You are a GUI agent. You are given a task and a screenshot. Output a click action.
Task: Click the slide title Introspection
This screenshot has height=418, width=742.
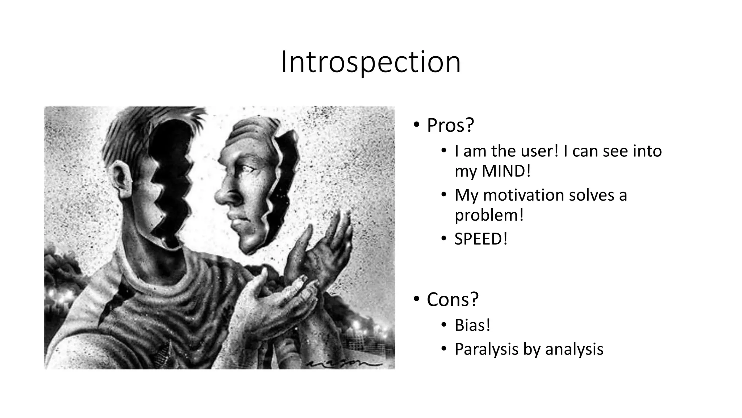click(371, 62)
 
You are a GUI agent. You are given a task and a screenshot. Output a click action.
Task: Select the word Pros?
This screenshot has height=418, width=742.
click(450, 125)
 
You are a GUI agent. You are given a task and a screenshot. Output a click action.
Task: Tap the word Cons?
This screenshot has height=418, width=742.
click(453, 300)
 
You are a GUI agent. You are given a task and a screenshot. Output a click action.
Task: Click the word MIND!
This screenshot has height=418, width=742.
click(506, 171)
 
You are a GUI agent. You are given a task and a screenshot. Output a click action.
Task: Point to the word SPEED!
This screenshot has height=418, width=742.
click(481, 239)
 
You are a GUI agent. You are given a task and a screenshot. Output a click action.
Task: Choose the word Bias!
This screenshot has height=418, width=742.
click(472, 325)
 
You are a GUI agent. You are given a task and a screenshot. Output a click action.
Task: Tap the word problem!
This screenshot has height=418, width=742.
click(489, 215)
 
